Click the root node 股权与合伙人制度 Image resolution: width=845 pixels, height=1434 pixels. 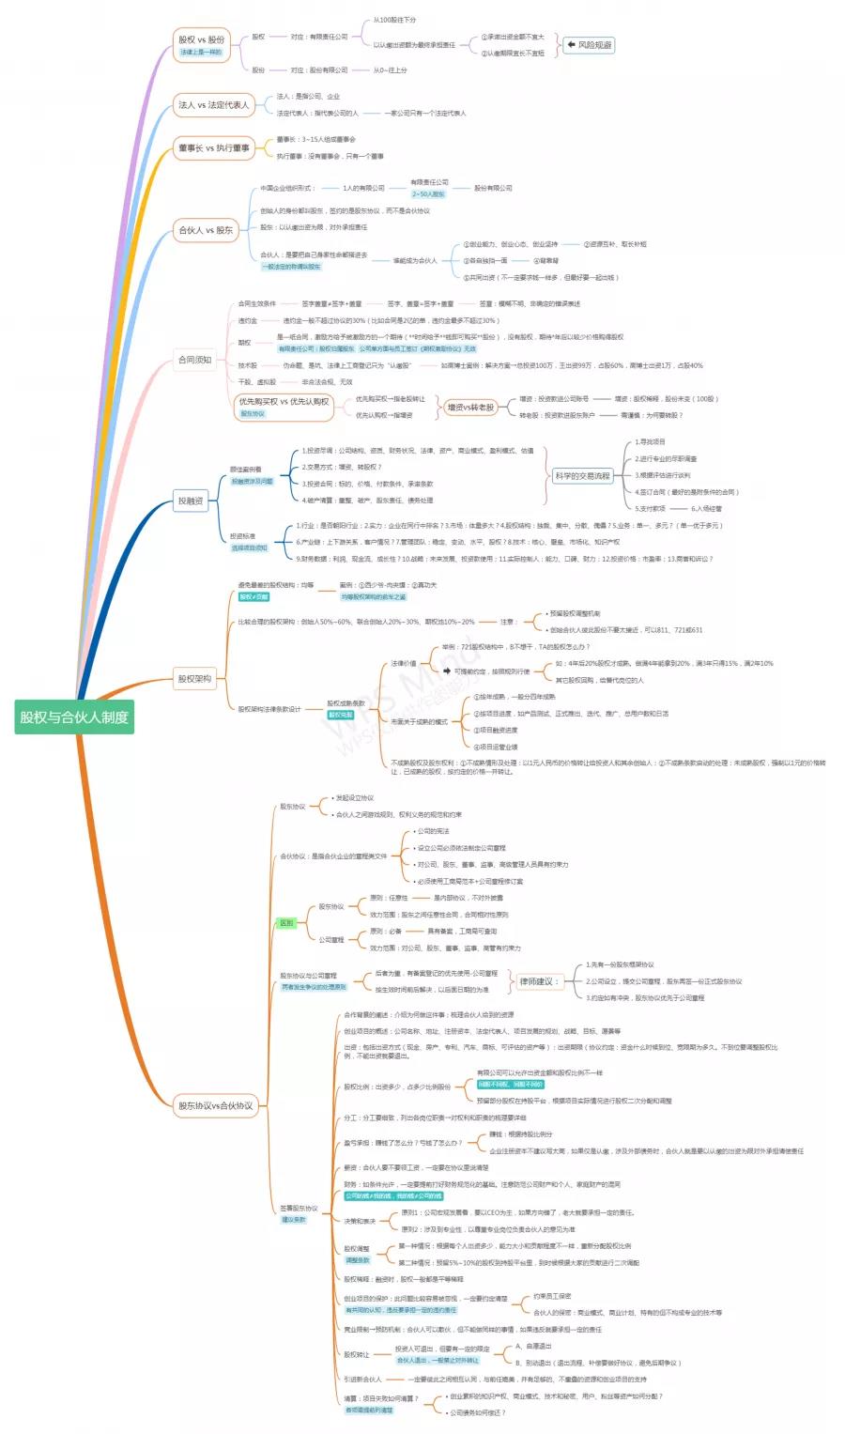[x=74, y=717]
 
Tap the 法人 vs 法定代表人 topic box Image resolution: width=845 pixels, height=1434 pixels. [x=214, y=104]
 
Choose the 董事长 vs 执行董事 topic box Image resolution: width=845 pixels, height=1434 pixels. [x=214, y=147]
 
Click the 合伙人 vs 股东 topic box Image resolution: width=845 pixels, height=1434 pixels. [x=206, y=229]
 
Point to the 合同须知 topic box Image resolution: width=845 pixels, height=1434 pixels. [x=195, y=360]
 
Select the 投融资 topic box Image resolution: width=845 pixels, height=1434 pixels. [x=191, y=501]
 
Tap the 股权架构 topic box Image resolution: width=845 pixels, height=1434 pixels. [x=194, y=678]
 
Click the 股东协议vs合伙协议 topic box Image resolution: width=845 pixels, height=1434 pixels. [x=216, y=1105]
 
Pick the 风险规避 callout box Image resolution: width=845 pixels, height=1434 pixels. [x=590, y=45]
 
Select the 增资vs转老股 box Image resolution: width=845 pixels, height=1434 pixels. [x=470, y=407]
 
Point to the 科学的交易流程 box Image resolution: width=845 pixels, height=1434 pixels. [x=582, y=476]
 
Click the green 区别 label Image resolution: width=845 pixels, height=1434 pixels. [x=286, y=923]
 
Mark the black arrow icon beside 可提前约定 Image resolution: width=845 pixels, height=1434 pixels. [x=447, y=671]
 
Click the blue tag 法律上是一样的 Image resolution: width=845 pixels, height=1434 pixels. [x=202, y=53]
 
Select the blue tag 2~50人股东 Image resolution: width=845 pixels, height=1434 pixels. [x=428, y=194]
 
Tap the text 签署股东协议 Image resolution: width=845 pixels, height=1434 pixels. [x=299, y=1208]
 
